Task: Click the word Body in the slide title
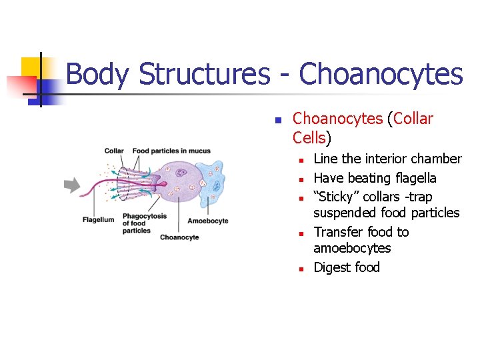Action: (x=98, y=74)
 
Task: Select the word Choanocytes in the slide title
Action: (x=381, y=74)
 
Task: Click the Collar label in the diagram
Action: (x=114, y=151)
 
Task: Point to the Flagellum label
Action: (x=99, y=220)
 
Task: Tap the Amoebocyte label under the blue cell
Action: (x=208, y=221)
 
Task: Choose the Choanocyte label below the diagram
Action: (x=179, y=237)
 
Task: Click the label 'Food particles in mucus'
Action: (x=171, y=151)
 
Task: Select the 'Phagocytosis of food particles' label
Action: (x=145, y=223)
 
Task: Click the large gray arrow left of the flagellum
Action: (x=72, y=186)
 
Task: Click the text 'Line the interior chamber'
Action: (x=387, y=159)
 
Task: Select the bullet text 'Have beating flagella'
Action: (x=375, y=178)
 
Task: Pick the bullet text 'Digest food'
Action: (x=346, y=267)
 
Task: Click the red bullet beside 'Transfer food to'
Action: (x=301, y=233)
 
